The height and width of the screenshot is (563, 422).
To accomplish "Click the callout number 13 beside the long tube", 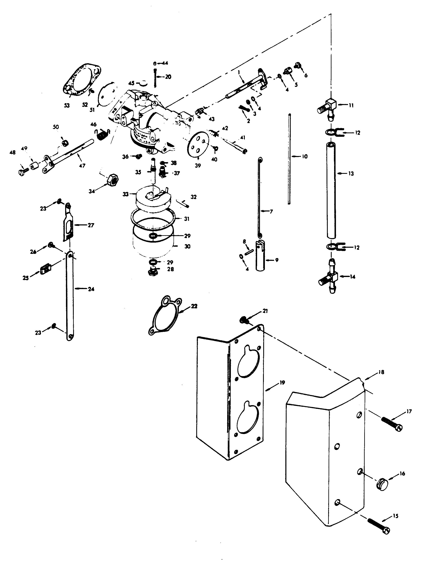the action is [x=351, y=174].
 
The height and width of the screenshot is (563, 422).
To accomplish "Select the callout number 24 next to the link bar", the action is [x=91, y=289].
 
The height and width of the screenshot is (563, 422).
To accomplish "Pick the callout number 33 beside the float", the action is [x=126, y=194].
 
